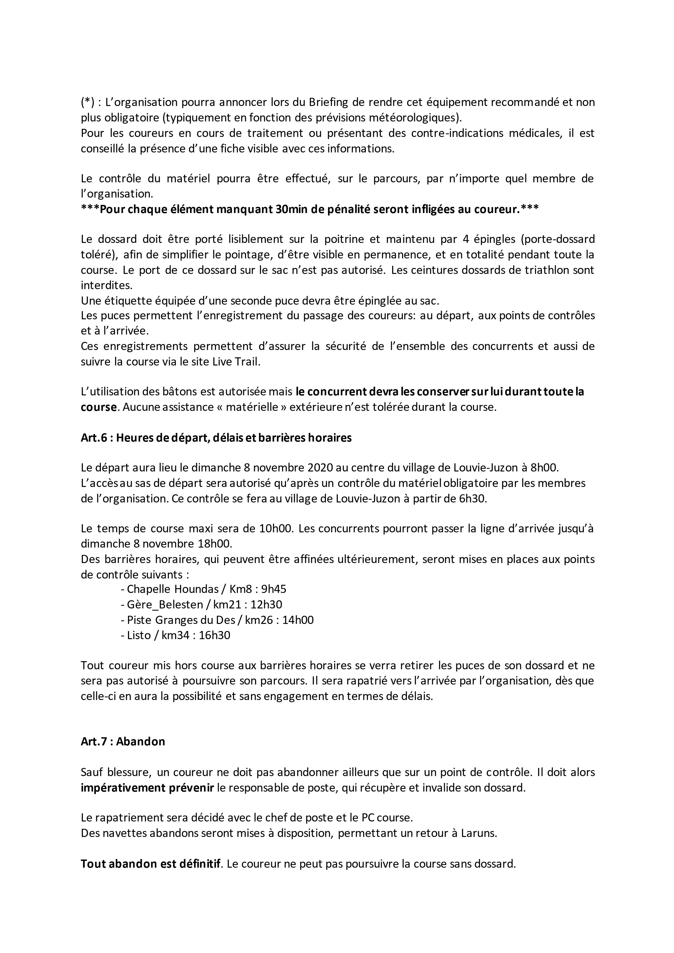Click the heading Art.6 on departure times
[216, 438]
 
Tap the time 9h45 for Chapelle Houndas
[273, 589]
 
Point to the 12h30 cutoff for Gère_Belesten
[266, 605]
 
